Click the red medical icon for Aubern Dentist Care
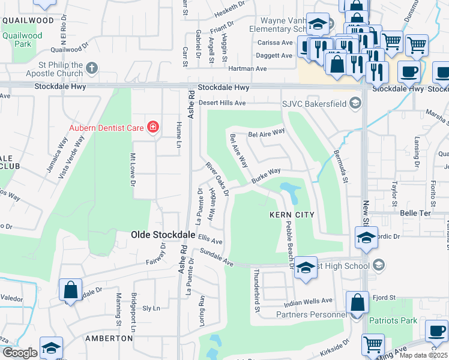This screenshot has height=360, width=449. [153, 127]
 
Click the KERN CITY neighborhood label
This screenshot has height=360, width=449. [292, 214]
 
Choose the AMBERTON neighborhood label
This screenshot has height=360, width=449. [109, 338]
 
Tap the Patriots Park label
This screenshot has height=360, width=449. [393, 321]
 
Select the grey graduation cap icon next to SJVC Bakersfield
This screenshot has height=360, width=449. [356, 103]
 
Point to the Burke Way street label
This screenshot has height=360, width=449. [266, 175]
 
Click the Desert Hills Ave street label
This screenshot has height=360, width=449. [223, 103]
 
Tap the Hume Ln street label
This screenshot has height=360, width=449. [178, 134]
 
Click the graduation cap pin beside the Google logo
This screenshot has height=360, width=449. [52, 347]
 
